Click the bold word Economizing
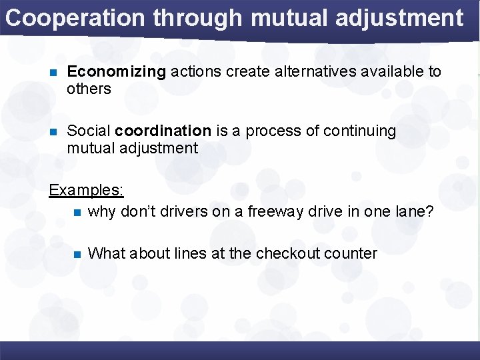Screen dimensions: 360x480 point(117,72)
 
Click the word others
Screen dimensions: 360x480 point(89,89)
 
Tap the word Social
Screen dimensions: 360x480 point(89,131)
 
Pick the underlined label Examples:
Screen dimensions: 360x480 point(86,190)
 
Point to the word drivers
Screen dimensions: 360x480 point(175,212)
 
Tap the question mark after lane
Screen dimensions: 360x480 point(429,212)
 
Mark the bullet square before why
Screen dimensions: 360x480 point(77,213)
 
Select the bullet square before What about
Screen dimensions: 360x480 point(77,254)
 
